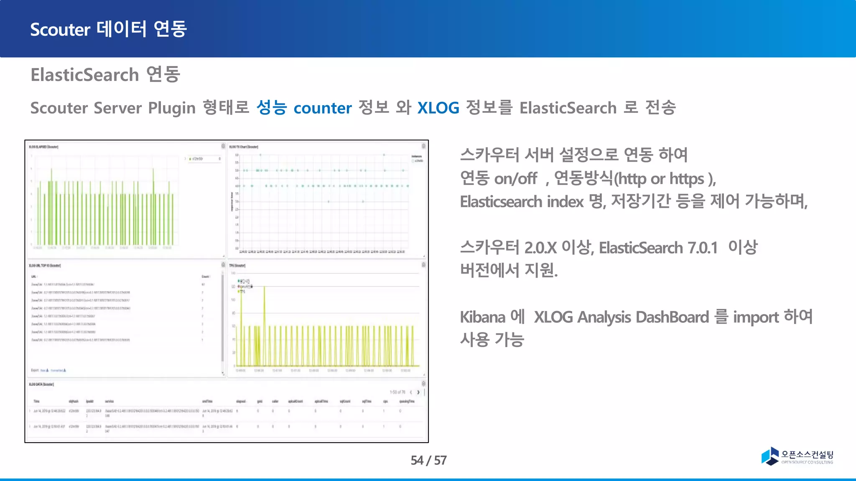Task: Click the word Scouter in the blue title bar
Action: coord(60,30)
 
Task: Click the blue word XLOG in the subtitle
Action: coord(438,108)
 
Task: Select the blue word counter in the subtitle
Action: coord(323,108)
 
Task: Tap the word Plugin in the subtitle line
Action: coord(171,108)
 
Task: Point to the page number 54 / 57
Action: coord(428,460)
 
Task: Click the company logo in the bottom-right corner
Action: coord(797,456)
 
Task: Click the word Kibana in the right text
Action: coord(482,317)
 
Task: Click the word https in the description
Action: coord(687,179)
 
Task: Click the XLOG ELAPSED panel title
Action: coord(43,147)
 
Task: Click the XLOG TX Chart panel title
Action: coord(244,147)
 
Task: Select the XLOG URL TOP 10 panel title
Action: coord(45,266)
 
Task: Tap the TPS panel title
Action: coord(237,266)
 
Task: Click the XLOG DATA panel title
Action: coord(41,384)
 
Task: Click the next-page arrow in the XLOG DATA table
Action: coord(418,392)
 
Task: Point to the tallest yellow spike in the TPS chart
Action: coord(264,288)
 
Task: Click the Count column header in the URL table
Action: coord(205,276)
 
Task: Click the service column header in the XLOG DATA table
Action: coord(109,401)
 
